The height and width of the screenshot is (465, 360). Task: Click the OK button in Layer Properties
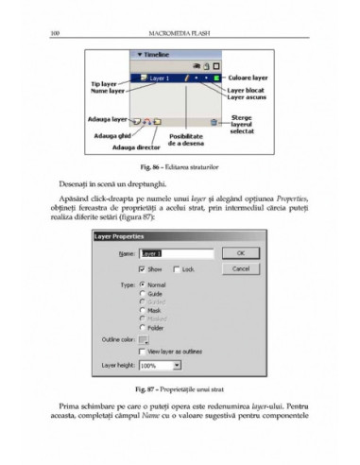click(x=240, y=253)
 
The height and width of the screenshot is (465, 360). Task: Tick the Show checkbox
click(x=142, y=268)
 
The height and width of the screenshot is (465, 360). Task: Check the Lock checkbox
click(x=176, y=268)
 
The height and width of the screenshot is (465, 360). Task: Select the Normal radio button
click(x=142, y=284)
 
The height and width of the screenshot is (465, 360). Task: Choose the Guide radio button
click(x=142, y=293)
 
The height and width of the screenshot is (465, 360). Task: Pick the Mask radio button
click(x=142, y=309)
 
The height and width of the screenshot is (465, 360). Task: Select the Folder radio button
click(x=142, y=326)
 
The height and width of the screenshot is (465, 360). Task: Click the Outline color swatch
click(x=144, y=338)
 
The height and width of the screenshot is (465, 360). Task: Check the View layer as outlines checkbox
click(x=142, y=351)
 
